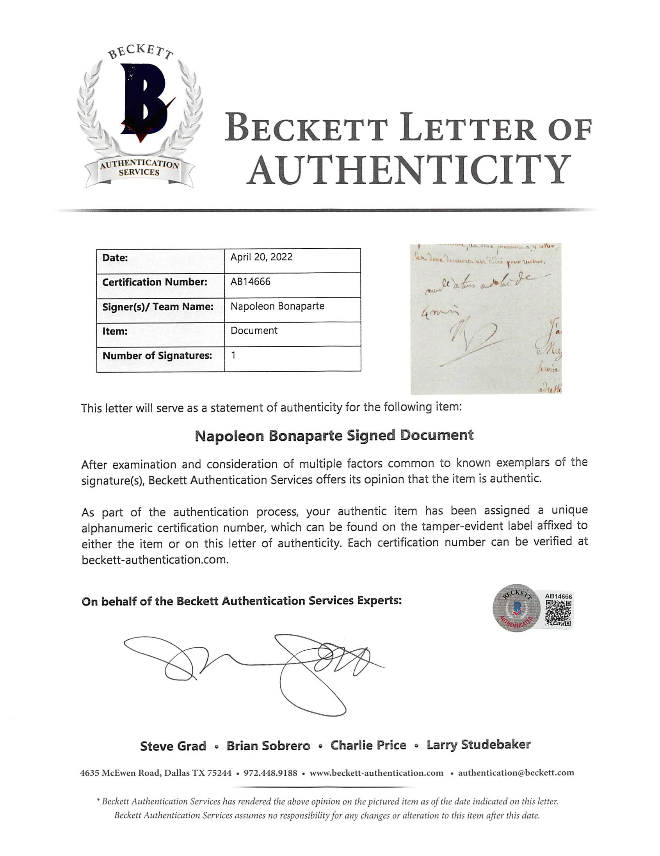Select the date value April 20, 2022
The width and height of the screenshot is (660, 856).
click(261, 257)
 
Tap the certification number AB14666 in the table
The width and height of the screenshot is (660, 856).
click(251, 281)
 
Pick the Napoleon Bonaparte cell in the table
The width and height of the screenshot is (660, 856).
click(277, 306)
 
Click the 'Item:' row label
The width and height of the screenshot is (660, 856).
click(115, 331)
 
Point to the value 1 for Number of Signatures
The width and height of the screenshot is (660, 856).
click(233, 356)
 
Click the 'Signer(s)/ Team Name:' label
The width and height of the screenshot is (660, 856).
click(158, 306)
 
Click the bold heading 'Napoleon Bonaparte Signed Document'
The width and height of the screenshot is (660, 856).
click(334, 436)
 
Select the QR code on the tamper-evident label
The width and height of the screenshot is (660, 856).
click(558, 613)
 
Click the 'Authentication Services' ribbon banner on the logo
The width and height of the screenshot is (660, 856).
click(139, 169)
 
